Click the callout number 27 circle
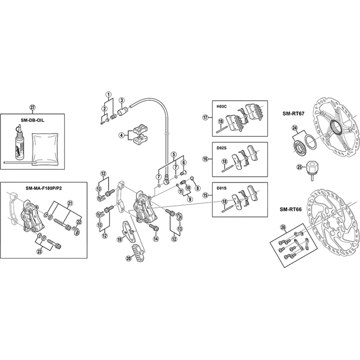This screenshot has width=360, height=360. click(32, 108)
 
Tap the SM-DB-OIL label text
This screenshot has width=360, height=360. click(32, 120)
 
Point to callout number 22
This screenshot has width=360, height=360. click(79, 222)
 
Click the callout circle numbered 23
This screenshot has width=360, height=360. click(40, 252)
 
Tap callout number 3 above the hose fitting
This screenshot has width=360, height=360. click(121, 100)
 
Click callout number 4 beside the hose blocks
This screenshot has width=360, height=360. click(121, 135)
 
